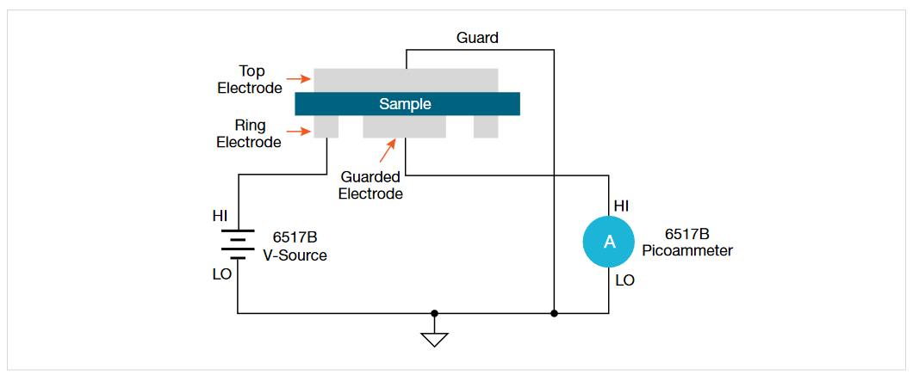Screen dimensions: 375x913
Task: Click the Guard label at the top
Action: (x=476, y=38)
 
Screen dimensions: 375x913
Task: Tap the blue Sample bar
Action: (x=407, y=104)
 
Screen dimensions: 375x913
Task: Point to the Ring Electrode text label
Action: (x=249, y=134)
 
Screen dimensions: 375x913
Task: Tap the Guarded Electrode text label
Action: (x=370, y=185)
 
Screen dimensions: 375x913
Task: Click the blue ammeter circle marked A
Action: (x=609, y=243)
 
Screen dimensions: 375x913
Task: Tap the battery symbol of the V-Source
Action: (x=238, y=243)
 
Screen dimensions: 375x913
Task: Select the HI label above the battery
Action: (x=220, y=216)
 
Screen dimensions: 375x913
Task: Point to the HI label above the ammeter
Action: (x=622, y=206)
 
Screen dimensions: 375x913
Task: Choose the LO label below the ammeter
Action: (x=624, y=280)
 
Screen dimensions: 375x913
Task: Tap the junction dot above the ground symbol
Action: (x=434, y=314)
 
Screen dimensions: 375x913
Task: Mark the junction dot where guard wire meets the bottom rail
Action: (x=554, y=314)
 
